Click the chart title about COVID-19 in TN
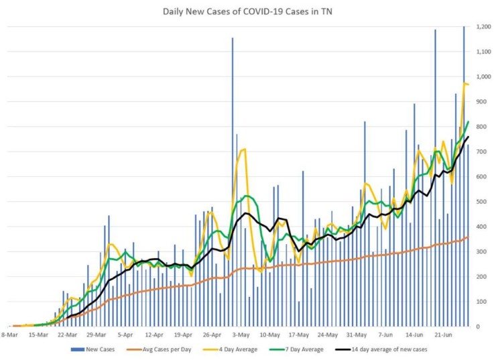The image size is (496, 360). (x=249, y=11)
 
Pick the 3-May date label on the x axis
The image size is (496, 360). (x=241, y=333)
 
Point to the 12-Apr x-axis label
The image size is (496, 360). (x=155, y=333)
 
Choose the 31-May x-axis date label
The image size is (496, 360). (x=357, y=333)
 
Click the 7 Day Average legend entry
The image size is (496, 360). (x=308, y=349)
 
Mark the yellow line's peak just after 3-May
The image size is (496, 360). (x=245, y=149)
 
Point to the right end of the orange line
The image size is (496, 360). (x=468, y=237)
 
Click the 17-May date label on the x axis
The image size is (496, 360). (x=299, y=333)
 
